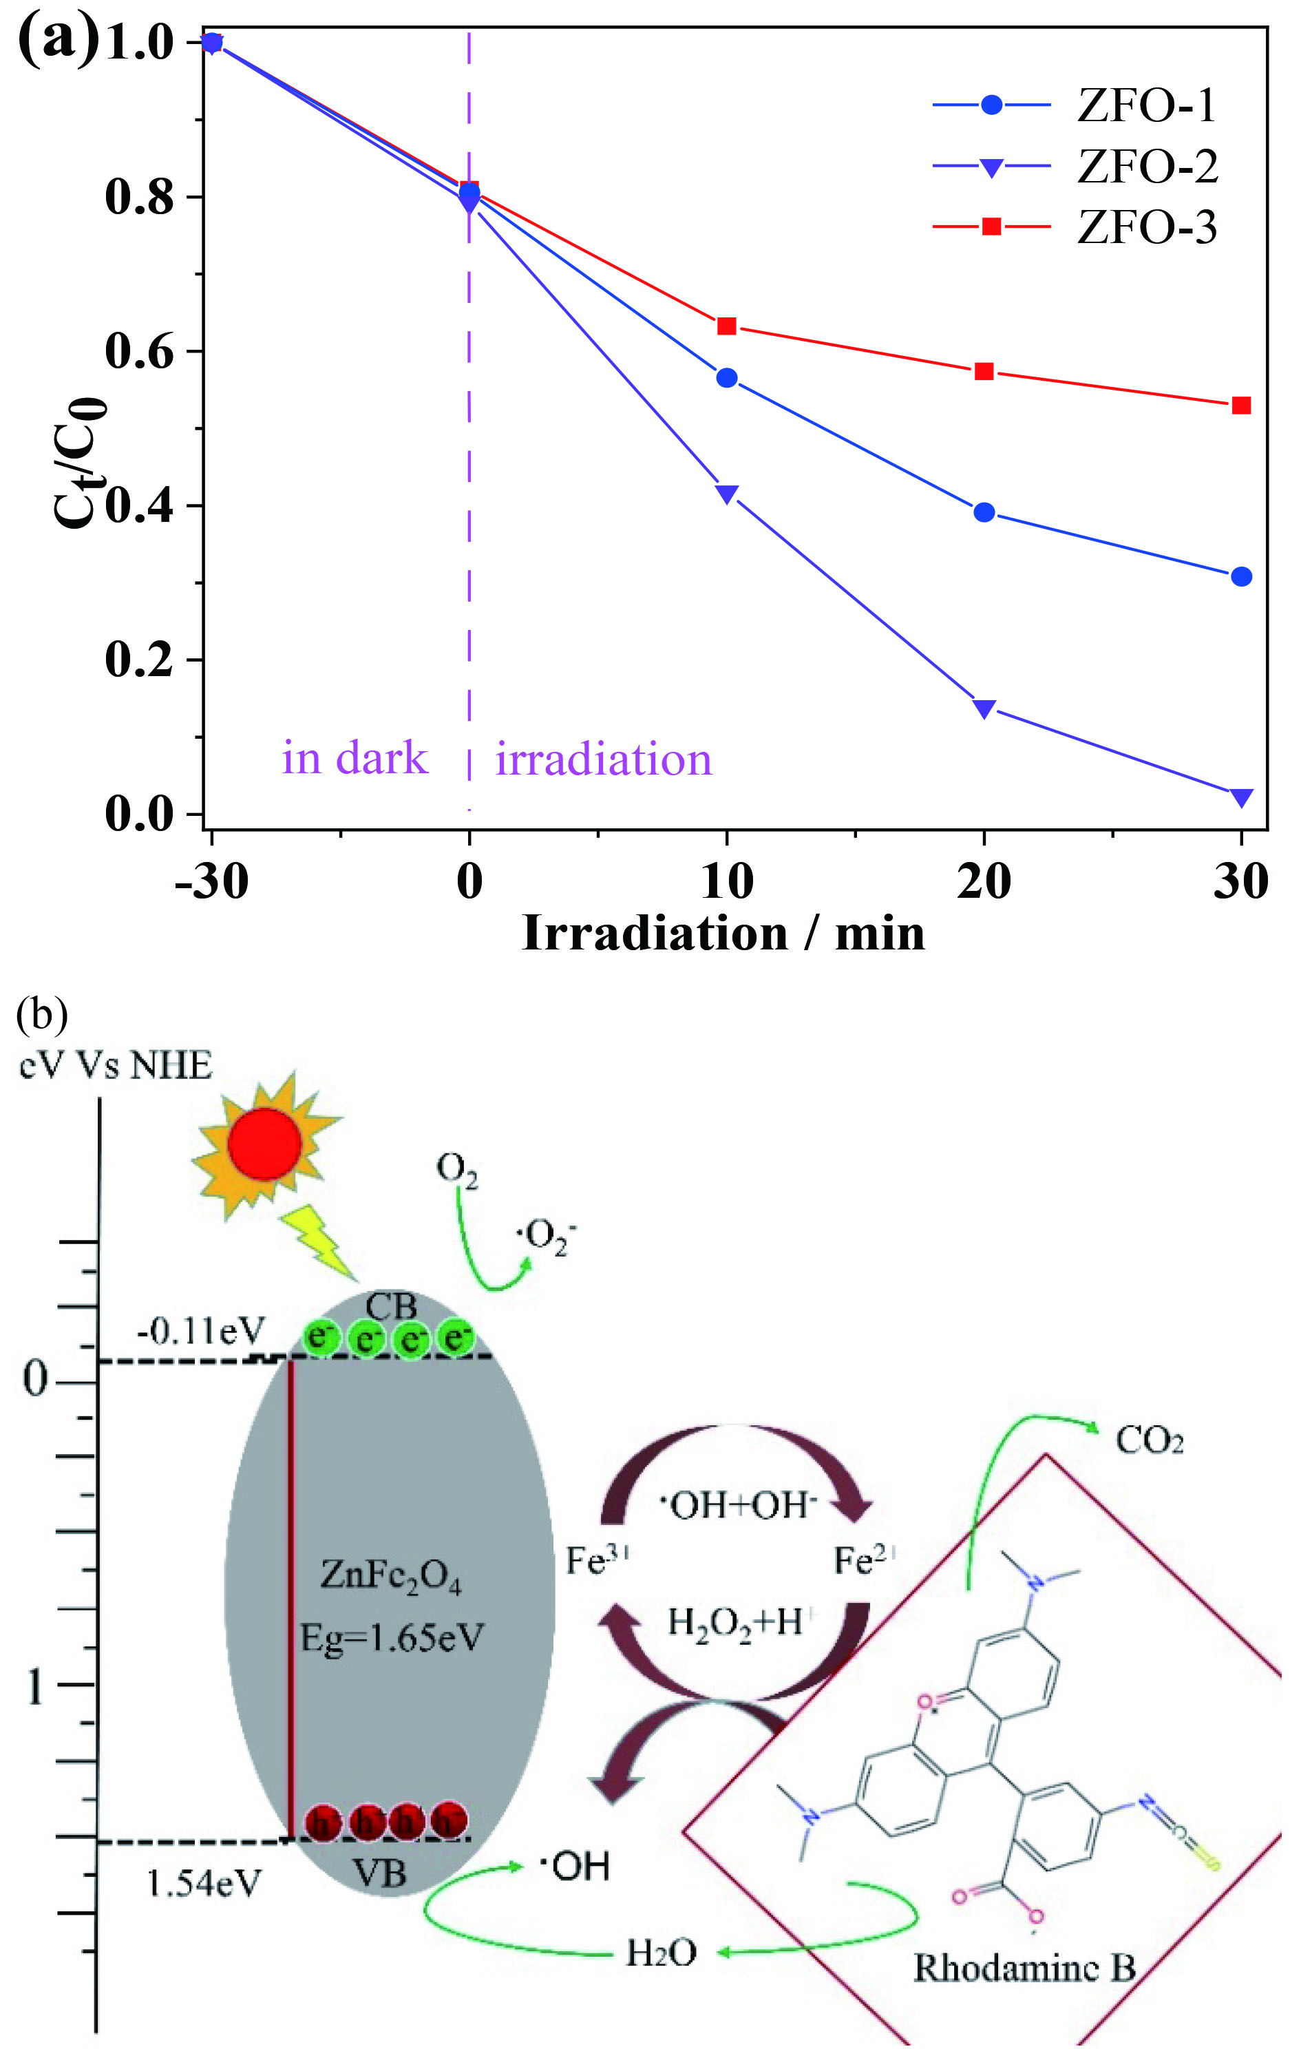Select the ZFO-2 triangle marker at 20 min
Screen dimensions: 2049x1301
coord(984,708)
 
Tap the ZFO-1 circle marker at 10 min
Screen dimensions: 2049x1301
coord(727,378)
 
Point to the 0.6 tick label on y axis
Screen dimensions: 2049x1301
coord(138,351)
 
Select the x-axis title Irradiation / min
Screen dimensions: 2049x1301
coord(723,934)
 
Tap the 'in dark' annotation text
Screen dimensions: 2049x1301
coord(355,758)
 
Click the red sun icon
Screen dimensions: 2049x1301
coord(264,1144)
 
